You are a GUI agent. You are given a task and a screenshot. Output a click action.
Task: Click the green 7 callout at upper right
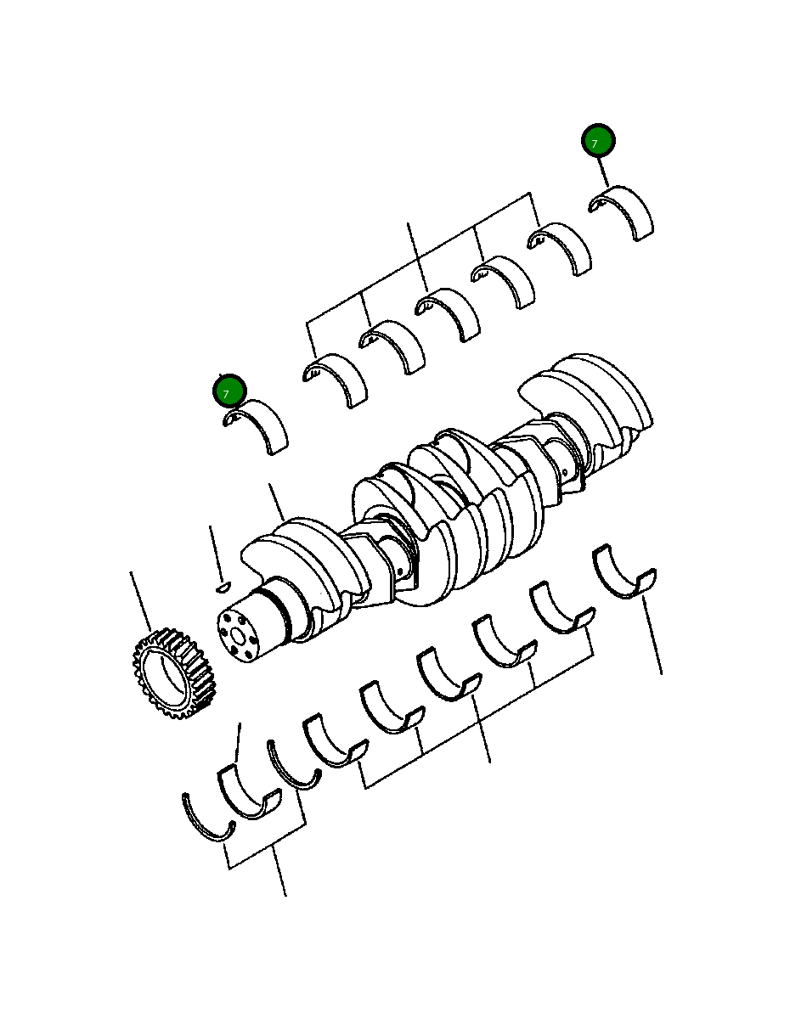[x=598, y=140]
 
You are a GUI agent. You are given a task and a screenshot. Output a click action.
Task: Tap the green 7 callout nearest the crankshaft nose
[x=229, y=391]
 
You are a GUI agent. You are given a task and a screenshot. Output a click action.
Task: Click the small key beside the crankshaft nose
[x=223, y=587]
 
